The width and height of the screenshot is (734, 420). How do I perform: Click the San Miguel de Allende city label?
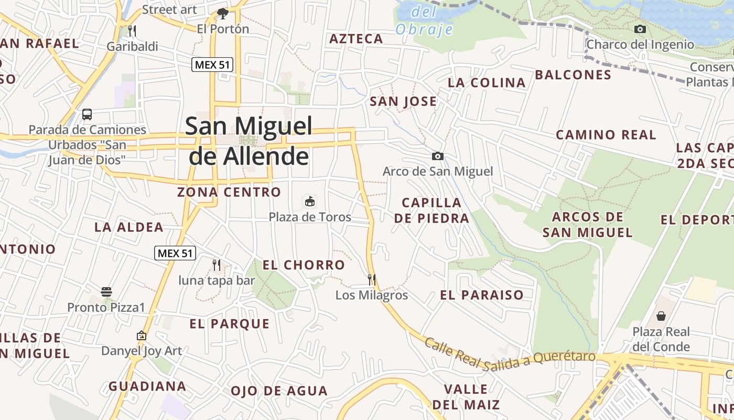(x=249, y=141)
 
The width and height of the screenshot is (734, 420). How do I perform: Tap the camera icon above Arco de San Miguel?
(x=437, y=156)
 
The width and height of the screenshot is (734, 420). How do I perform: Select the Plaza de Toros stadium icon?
(x=310, y=201)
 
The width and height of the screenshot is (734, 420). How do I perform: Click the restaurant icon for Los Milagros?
(x=372, y=279)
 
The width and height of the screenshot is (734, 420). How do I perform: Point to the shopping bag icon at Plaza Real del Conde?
(x=661, y=316)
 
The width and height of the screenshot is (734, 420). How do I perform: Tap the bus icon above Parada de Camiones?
(x=87, y=114)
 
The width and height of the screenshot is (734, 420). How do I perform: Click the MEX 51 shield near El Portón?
(x=212, y=65)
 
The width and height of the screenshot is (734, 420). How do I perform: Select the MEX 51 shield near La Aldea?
(x=175, y=253)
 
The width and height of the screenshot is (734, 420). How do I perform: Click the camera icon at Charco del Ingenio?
(x=640, y=29)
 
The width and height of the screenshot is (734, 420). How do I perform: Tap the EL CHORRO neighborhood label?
(x=304, y=265)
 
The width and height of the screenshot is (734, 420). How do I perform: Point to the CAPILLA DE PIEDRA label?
(x=431, y=210)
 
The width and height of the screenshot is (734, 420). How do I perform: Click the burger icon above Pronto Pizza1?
(x=106, y=292)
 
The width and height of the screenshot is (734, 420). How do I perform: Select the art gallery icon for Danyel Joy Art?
(x=141, y=335)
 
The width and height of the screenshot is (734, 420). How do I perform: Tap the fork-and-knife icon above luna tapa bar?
(x=217, y=265)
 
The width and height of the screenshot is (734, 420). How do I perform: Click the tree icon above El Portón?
(x=223, y=13)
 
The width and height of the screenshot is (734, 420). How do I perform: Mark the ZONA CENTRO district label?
(x=229, y=192)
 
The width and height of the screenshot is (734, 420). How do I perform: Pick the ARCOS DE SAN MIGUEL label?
(x=588, y=224)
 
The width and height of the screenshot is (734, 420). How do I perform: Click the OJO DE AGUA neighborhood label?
(x=279, y=391)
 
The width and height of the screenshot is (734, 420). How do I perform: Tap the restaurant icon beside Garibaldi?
(x=132, y=31)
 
